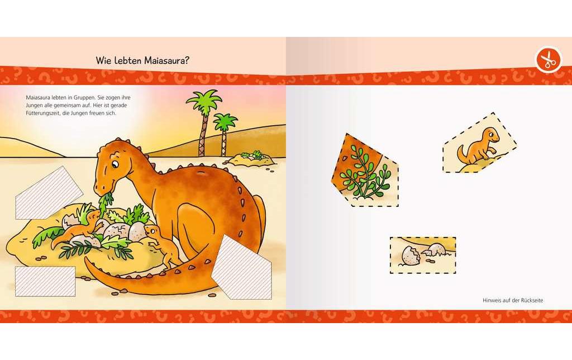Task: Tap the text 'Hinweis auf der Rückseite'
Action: coord(513,300)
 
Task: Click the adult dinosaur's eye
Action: coord(114,164)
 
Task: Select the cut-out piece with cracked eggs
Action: coord(423,255)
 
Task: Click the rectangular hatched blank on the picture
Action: coord(45,281)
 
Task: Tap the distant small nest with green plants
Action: coord(251,158)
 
